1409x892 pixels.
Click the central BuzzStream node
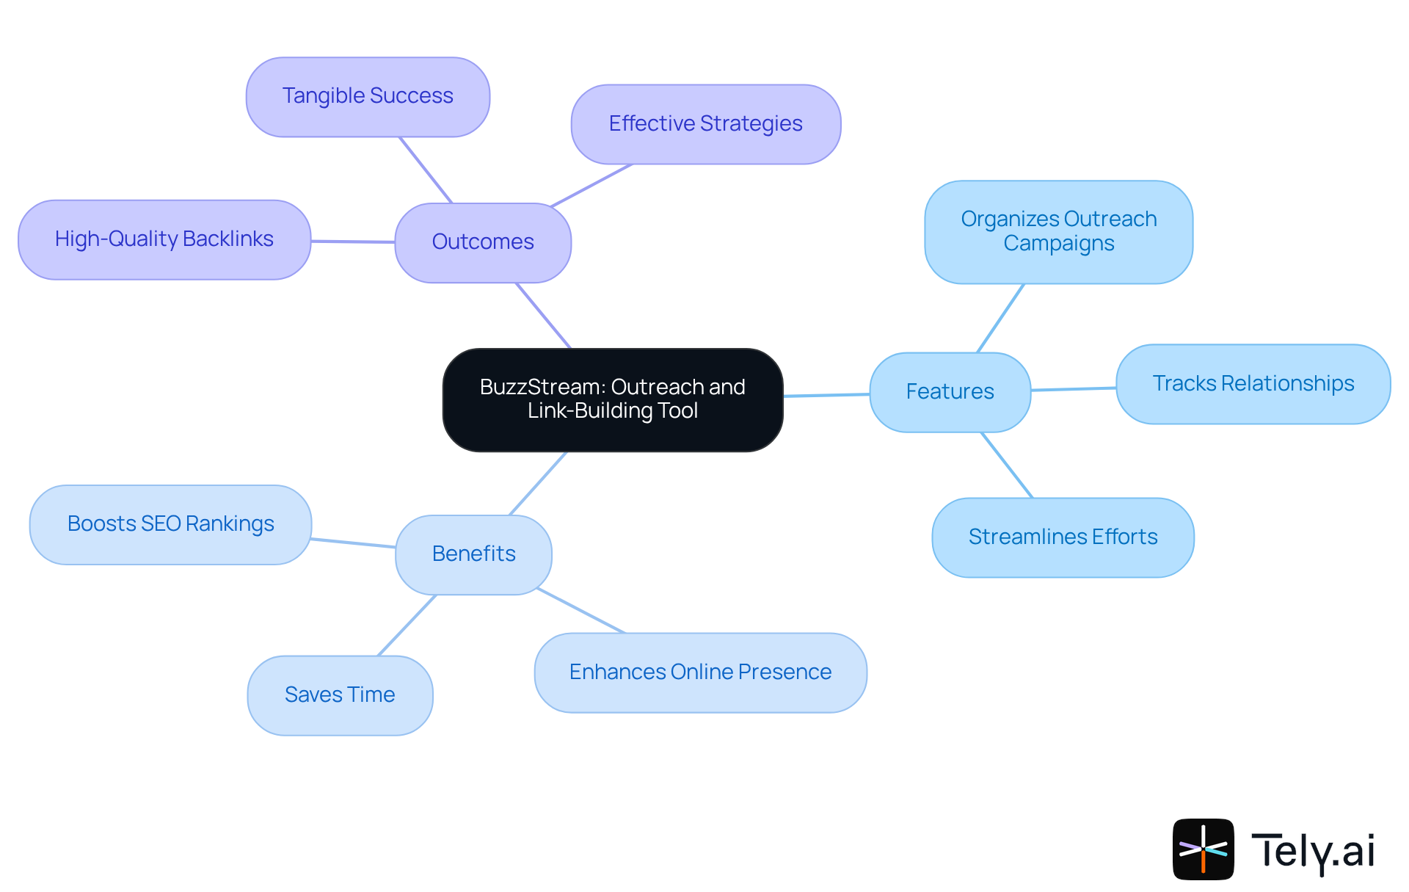[613, 399]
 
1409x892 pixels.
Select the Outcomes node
[483, 242]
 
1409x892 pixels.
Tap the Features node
[950, 392]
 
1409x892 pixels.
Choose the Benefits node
[473, 554]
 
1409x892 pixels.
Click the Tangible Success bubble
[368, 96]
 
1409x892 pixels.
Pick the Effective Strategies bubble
[705, 124]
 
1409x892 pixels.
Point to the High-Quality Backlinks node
[164, 239]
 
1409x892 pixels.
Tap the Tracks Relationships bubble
[1253, 384]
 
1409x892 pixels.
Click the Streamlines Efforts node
[1063, 537]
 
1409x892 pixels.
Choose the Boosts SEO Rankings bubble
[170, 524]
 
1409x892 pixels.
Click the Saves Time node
[340, 695]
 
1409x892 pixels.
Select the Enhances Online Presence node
[700, 672]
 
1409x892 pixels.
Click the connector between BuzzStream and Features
[826, 395]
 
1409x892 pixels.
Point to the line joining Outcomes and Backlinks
[353, 241]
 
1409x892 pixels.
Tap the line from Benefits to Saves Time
[407, 625]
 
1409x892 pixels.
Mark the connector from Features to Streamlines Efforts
[1007, 465]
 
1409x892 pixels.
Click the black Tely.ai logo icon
[1203, 849]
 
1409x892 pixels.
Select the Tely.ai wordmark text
[1312, 851]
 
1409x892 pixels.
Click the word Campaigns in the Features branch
[1058, 244]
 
